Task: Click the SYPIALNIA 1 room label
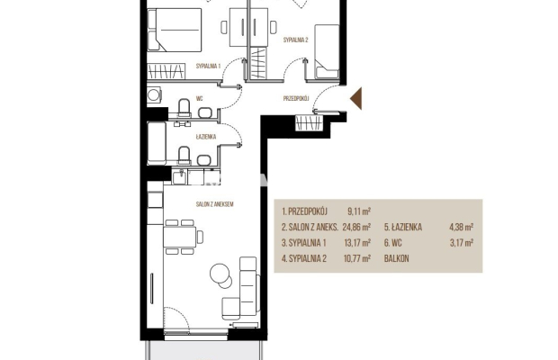tap(208, 66)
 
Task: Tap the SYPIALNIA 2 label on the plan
tap(295, 40)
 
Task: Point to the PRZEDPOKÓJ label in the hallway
tap(296, 98)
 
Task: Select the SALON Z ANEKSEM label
tap(214, 204)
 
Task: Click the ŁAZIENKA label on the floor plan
tap(206, 137)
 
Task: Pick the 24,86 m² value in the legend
tap(356, 227)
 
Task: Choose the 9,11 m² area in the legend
tap(359, 211)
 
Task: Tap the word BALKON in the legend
tap(396, 258)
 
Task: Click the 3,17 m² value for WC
tap(462, 243)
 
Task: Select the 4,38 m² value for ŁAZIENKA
tap(461, 227)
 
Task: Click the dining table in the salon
tap(180, 237)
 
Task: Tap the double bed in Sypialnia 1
tap(175, 31)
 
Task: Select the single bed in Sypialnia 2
tap(327, 51)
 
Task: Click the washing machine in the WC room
tap(154, 95)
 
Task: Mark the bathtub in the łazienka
tap(157, 143)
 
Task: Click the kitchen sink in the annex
tap(179, 176)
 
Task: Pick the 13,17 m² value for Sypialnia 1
tap(357, 243)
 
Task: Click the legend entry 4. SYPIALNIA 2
tap(304, 258)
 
